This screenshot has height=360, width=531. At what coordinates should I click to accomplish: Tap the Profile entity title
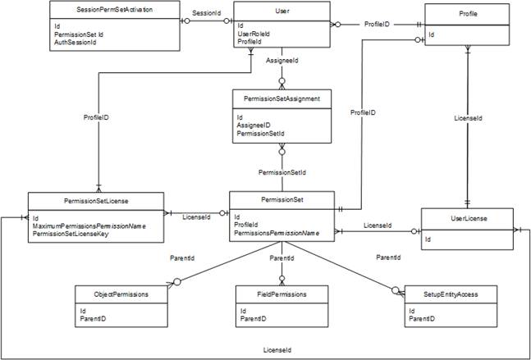coord(469,15)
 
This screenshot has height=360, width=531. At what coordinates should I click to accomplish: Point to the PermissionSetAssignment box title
coord(282,98)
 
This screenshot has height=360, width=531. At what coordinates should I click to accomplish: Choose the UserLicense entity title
coord(467,220)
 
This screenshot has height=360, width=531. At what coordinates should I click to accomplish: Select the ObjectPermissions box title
coord(121,294)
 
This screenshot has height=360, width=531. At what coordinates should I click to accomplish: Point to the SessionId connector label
coord(207,14)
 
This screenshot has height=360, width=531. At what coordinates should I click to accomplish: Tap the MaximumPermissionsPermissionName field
coord(89,226)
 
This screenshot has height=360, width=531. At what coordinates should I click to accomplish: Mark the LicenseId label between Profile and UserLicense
coord(468,118)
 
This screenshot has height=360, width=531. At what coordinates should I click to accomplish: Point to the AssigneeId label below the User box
coord(282,62)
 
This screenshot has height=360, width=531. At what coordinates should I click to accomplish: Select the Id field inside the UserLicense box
coord(428,240)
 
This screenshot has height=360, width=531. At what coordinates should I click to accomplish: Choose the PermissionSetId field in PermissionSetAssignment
coord(260,133)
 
